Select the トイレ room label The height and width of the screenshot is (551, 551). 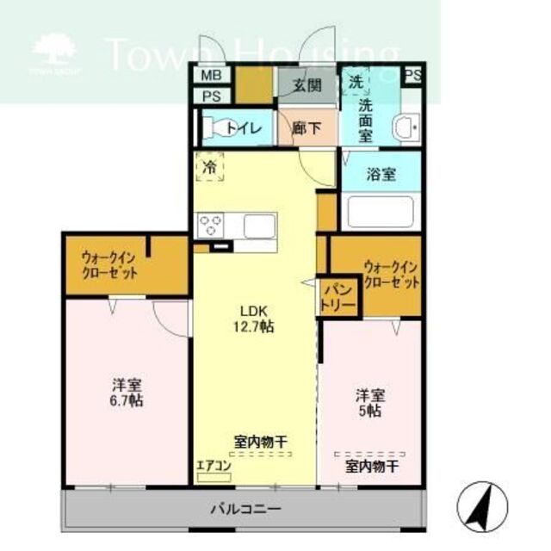click(x=242, y=128)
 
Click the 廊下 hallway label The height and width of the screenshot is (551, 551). click(x=306, y=128)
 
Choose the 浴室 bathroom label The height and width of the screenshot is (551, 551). click(x=380, y=173)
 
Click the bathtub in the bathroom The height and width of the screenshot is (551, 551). click(x=379, y=212)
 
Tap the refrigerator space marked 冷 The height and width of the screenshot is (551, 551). click(x=209, y=167)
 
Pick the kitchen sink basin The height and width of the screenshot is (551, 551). click(x=258, y=226)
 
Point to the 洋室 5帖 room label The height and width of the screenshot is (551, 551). click(x=371, y=403)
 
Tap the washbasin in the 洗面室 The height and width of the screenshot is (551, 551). click(x=405, y=129)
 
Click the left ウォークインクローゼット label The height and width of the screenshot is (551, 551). click(x=109, y=263)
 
